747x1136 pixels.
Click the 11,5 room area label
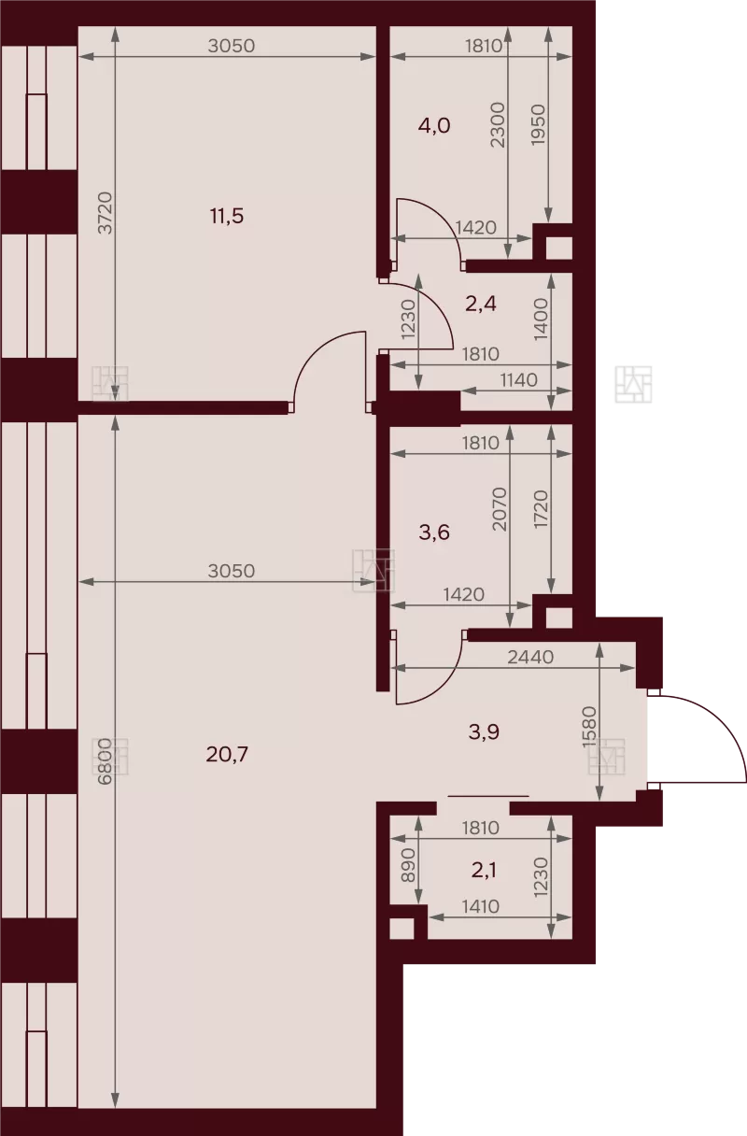(227, 216)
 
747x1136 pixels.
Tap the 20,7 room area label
(227, 755)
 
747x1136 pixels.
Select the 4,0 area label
(434, 126)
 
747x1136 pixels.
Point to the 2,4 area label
(481, 304)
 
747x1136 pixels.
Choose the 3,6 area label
(434, 532)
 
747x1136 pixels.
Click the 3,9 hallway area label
(484, 731)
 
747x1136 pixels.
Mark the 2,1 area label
(484, 871)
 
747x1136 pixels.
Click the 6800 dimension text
(105, 761)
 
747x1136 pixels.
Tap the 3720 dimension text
(105, 212)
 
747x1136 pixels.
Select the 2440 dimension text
(530, 658)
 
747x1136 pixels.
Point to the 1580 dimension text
(590, 727)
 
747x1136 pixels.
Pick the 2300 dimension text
(499, 125)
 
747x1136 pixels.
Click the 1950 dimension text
(538, 125)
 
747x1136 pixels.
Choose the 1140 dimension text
(518, 380)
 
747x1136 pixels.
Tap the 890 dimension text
(408, 865)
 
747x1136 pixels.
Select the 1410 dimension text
(481, 906)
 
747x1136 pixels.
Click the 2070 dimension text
(500, 509)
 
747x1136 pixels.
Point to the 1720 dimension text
(542, 509)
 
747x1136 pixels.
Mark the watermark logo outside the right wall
(633, 384)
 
